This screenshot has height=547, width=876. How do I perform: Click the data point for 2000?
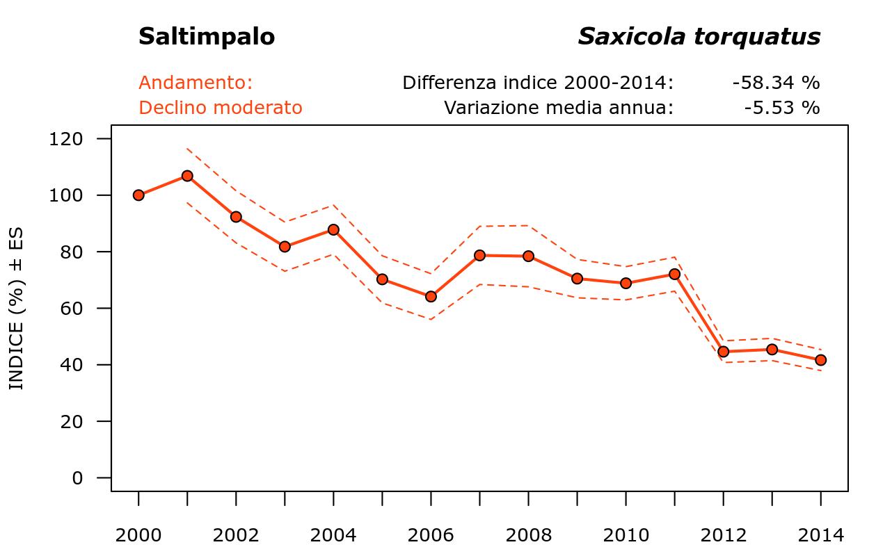(x=138, y=195)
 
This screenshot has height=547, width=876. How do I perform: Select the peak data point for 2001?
(x=187, y=176)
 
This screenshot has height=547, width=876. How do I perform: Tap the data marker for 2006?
(x=431, y=296)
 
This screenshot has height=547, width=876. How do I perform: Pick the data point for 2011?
(x=674, y=275)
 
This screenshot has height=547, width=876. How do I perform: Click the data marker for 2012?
(x=723, y=352)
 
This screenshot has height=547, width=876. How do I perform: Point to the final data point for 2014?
(x=820, y=360)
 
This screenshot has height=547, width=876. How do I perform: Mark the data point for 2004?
(x=333, y=229)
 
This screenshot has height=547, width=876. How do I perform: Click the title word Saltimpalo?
(x=207, y=37)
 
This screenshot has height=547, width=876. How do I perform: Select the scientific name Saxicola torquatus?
(x=699, y=37)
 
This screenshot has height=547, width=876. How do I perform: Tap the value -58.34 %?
(x=776, y=83)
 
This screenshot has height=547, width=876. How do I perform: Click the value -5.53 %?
(x=781, y=108)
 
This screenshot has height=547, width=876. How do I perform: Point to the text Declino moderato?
(x=221, y=108)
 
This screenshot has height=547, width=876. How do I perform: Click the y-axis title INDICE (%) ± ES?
(x=17, y=307)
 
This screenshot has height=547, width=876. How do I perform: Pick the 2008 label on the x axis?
(x=528, y=535)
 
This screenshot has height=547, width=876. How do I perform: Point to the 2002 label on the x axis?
(x=236, y=535)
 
